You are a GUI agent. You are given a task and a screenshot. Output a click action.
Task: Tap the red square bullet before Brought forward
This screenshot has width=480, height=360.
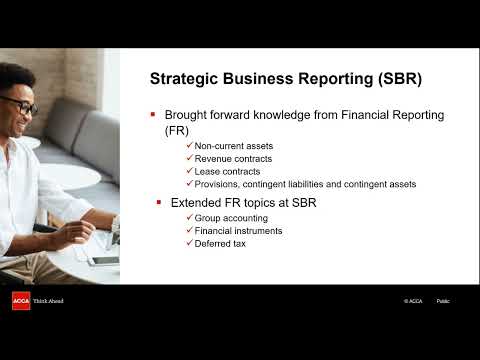point(153,115)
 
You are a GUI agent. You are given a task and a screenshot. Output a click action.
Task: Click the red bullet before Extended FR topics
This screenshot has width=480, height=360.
point(158,203)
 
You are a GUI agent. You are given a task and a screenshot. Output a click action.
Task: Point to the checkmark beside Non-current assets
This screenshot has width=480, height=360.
point(189,146)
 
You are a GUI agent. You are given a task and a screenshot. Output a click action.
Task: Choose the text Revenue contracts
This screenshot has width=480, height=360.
point(233,159)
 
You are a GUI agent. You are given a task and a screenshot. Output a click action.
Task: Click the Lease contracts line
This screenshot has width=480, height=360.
point(227,171)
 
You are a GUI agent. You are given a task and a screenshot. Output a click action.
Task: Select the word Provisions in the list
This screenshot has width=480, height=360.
point(217,184)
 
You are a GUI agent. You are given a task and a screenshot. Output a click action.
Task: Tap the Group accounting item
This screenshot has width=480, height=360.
point(231,218)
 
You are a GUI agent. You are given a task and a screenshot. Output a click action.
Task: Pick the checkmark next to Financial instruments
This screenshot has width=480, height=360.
point(189,231)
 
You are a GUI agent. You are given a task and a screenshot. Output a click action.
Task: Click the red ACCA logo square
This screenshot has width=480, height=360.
point(21,301)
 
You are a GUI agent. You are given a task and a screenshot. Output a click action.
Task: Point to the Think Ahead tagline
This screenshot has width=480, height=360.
point(49,301)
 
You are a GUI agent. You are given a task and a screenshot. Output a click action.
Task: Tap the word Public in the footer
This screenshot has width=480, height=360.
point(443,301)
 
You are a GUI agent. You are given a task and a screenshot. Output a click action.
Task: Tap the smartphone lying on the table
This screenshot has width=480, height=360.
point(104,260)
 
